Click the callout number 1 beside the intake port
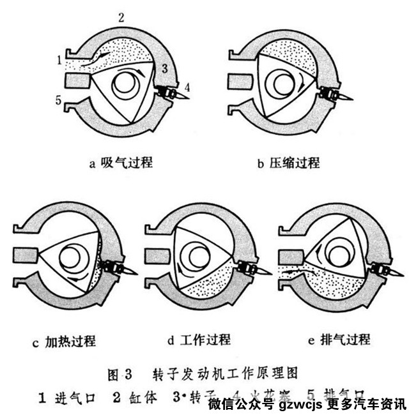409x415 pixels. tap(58, 61)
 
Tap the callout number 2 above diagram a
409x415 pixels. tap(120, 17)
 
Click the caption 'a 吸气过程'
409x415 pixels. tap(121, 162)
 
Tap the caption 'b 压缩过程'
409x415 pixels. tap(288, 162)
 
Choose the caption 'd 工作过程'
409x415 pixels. tap(199, 340)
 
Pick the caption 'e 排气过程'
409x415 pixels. tap(339, 340)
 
